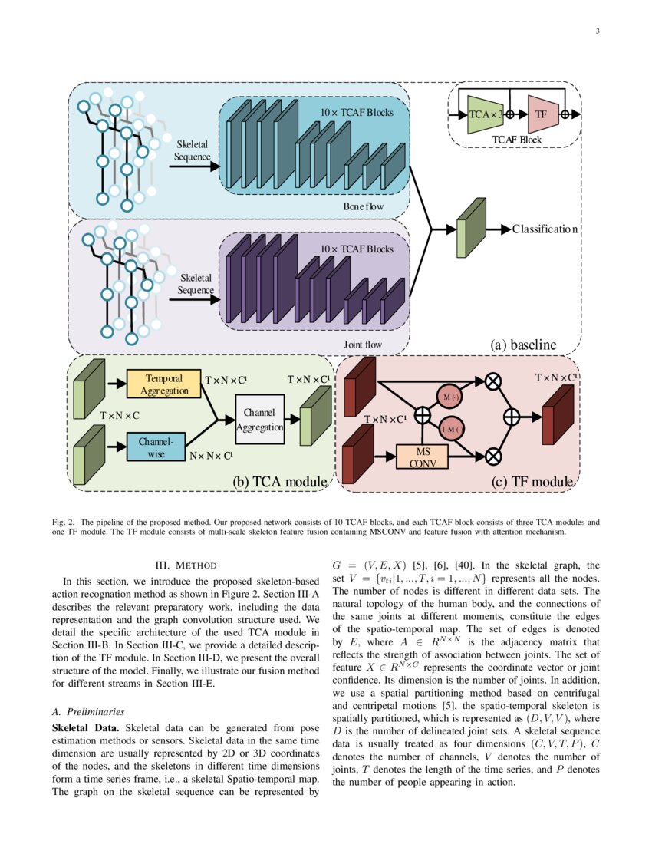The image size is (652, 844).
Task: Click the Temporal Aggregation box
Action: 163,384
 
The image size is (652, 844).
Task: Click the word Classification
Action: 545,229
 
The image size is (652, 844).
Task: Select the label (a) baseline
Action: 523,345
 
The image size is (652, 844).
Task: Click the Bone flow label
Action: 364,207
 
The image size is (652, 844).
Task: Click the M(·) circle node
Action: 450,396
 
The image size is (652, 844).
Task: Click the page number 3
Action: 596,31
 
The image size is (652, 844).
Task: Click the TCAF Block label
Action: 516,140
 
